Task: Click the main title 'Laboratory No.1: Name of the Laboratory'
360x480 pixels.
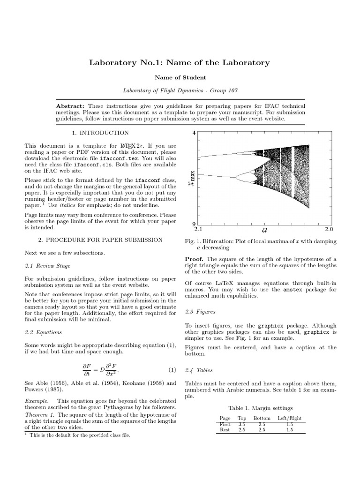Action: [x=180, y=62]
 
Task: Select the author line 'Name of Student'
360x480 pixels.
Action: [x=180, y=77]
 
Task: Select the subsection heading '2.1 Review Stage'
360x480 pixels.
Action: [x=47, y=266]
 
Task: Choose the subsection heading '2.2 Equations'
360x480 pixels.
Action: [x=43, y=332]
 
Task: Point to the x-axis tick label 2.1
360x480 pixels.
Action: [x=197, y=230]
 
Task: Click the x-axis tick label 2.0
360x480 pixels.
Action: [x=328, y=230]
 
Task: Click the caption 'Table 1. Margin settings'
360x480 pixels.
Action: [x=260, y=408]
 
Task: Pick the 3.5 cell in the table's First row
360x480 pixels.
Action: [x=242, y=424]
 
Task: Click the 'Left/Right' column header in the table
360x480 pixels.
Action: [x=289, y=418]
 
